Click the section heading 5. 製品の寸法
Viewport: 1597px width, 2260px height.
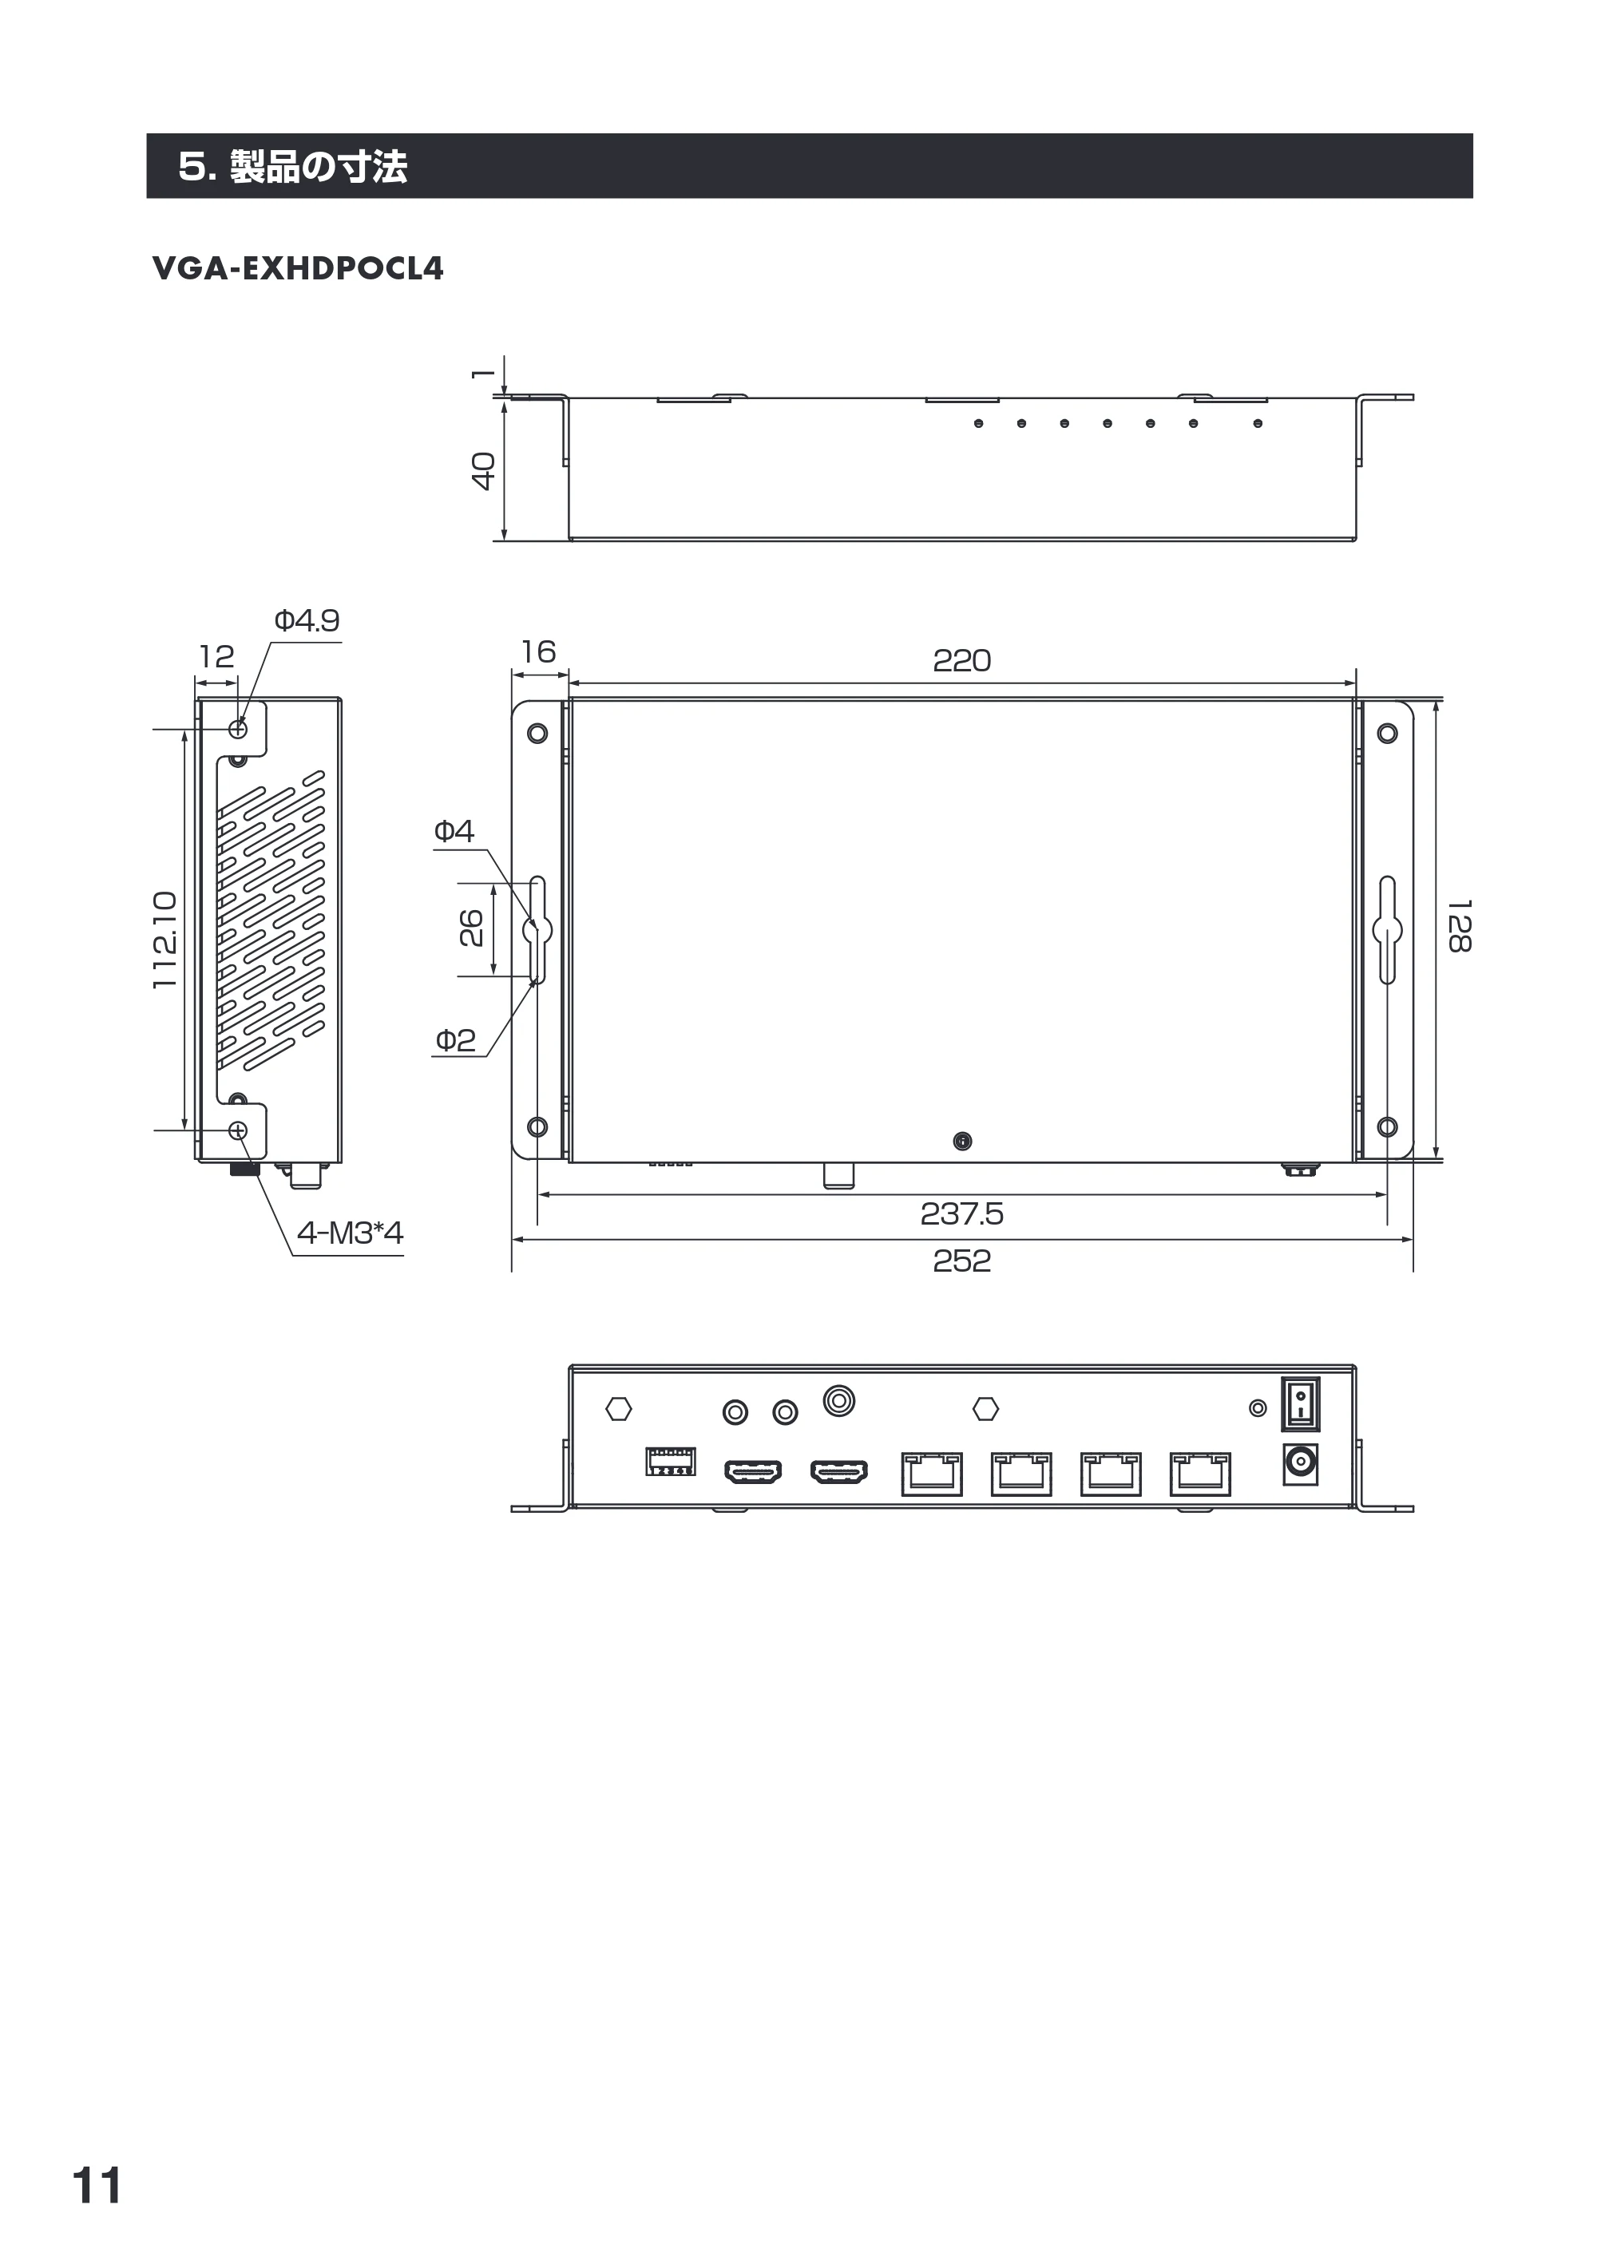pyautogui.click(x=292, y=166)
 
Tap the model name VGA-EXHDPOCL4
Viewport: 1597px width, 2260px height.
pyautogui.click(x=299, y=269)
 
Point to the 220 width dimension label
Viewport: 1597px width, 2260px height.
pyautogui.click(x=962, y=660)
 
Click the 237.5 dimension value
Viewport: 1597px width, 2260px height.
pyautogui.click(x=962, y=1213)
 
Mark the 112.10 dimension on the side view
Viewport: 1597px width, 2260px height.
pyautogui.click(x=164, y=940)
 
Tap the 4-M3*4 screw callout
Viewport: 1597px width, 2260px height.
pyautogui.click(x=351, y=1233)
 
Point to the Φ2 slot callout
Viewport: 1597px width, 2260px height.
pyautogui.click(x=455, y=1039)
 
